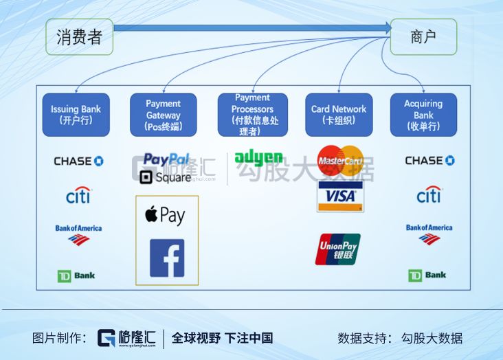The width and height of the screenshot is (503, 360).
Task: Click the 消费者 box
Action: [x=79, y=37]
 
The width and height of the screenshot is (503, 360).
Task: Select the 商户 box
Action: [x=423, y=37]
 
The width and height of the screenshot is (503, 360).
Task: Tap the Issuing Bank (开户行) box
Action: [x=76, y=115]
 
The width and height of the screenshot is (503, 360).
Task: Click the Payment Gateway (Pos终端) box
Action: [x=164, y=115]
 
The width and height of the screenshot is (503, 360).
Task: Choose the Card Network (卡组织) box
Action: [x=339, y=115]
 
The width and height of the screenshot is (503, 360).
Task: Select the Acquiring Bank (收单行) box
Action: [x=423, y=115]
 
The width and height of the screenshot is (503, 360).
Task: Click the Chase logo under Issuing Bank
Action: [x=78, y=161]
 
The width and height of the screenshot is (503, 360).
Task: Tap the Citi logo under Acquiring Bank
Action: [x=429, y=195]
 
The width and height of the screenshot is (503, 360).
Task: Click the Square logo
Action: [x=165, y=177]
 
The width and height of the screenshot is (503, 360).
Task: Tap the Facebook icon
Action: [x=167, y=258]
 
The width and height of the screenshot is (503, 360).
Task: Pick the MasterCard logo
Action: [x=340, y=161]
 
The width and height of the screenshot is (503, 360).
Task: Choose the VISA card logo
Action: [x=340, y=196]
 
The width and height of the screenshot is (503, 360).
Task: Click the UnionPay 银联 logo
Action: [x=337, y=249]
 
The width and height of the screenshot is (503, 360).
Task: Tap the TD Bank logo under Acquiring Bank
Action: [x=427, y=275]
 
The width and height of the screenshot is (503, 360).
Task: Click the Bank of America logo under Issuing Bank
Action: [x=78, y=234]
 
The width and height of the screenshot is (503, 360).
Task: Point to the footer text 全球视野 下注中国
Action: [x=222, y=338]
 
